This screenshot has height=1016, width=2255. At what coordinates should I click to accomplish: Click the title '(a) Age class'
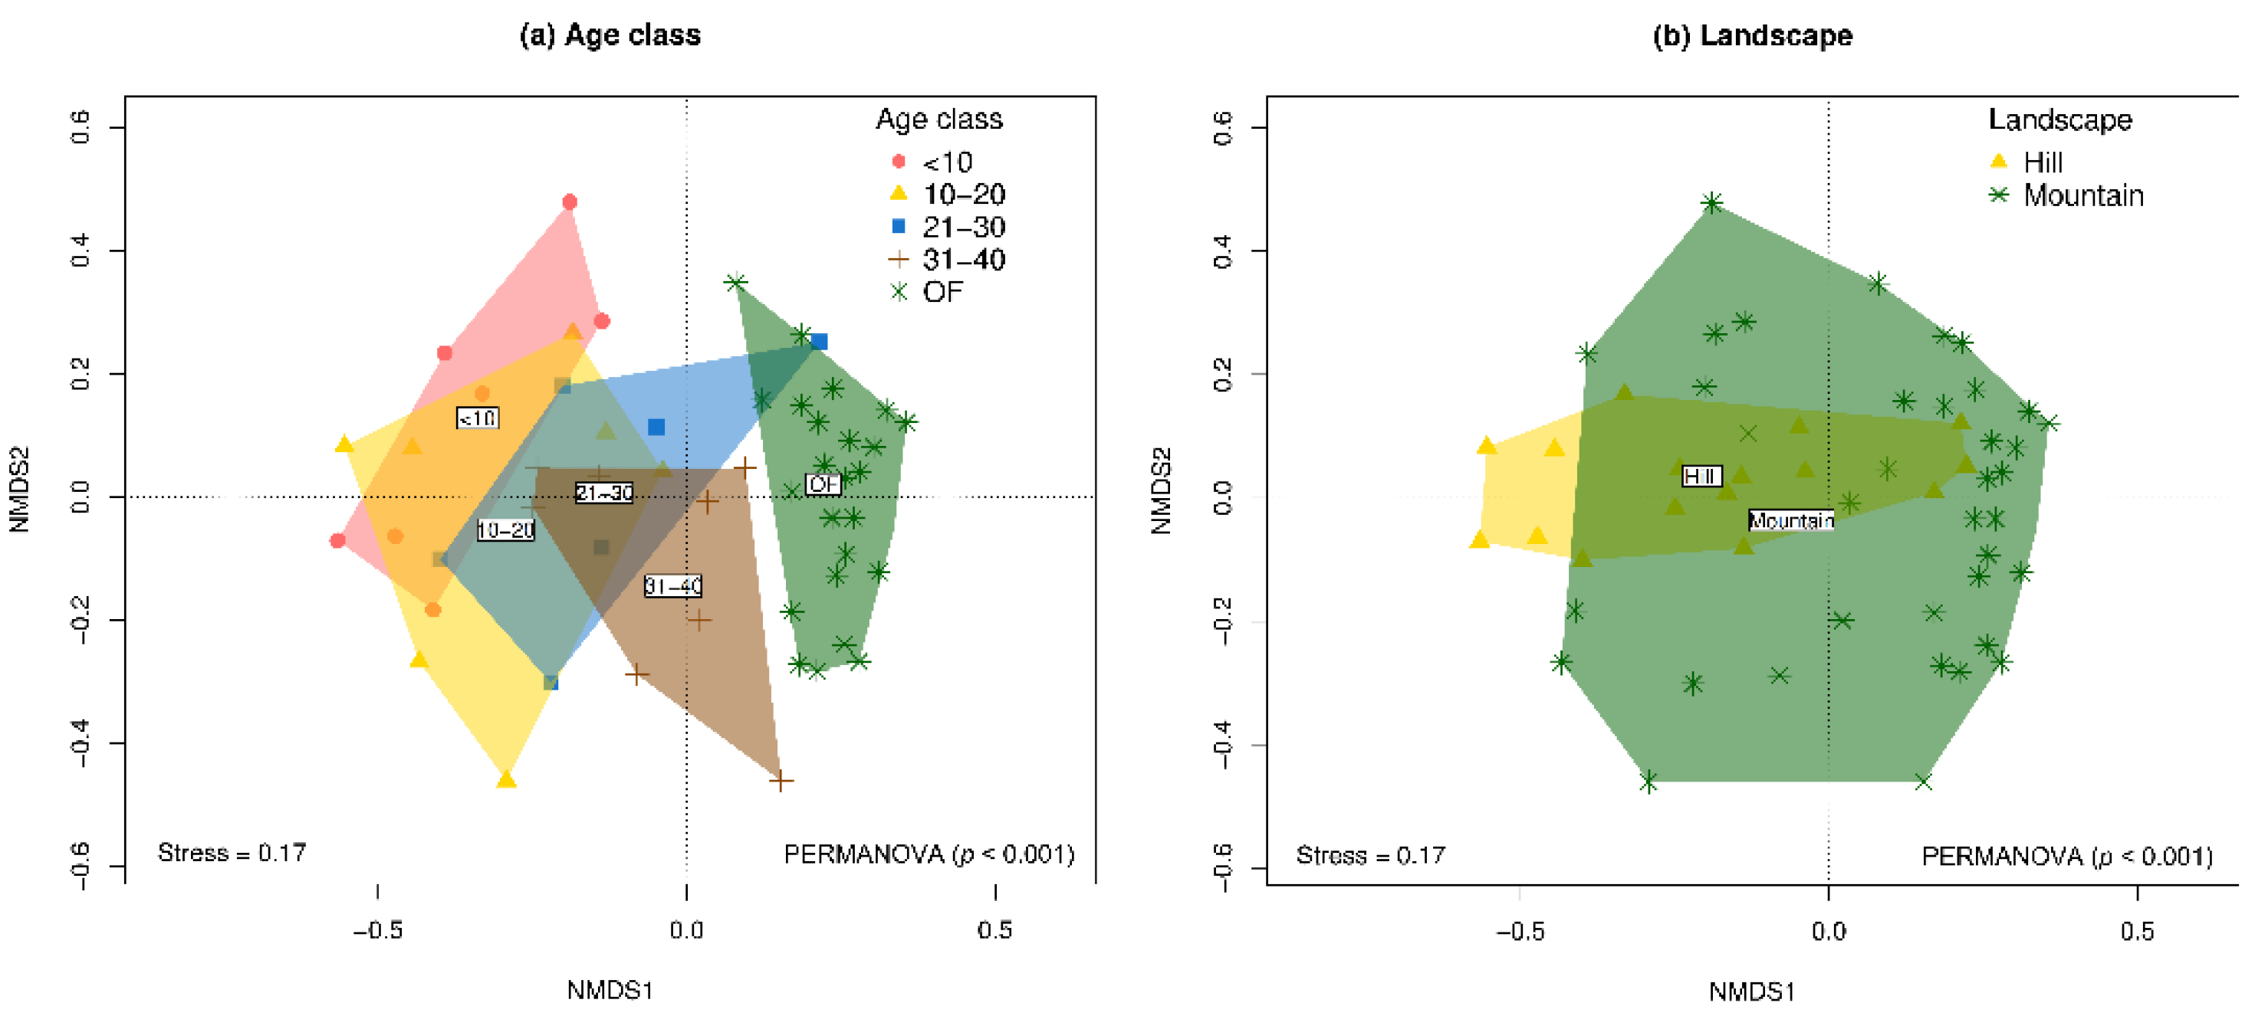[x=610, y=35]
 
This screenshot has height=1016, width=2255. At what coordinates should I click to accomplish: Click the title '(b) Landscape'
[x=1752, y=35]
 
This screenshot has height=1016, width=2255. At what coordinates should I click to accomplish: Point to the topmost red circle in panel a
[x=570, y=202]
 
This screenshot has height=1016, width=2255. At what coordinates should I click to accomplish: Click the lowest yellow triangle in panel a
[x=506, y=778]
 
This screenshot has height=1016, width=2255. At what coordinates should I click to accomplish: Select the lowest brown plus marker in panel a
[x=781, y=780]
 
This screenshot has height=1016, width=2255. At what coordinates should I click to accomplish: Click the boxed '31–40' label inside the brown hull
[x=672, y=585]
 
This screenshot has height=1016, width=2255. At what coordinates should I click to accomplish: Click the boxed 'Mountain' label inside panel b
[x=1790, y=521]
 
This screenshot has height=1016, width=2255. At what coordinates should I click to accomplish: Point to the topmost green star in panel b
[x=1712, y=204]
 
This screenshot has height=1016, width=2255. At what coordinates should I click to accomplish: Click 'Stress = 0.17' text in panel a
[x=232, y=852]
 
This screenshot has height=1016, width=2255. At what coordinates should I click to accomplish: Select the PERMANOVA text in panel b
[x=2066, y=855]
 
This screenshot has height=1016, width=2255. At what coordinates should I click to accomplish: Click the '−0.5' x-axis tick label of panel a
[x=377, y=929]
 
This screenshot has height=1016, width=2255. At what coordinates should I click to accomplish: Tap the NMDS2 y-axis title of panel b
[x=1161, y=490]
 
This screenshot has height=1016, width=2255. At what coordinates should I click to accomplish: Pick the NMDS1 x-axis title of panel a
[x=610, y=990]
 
